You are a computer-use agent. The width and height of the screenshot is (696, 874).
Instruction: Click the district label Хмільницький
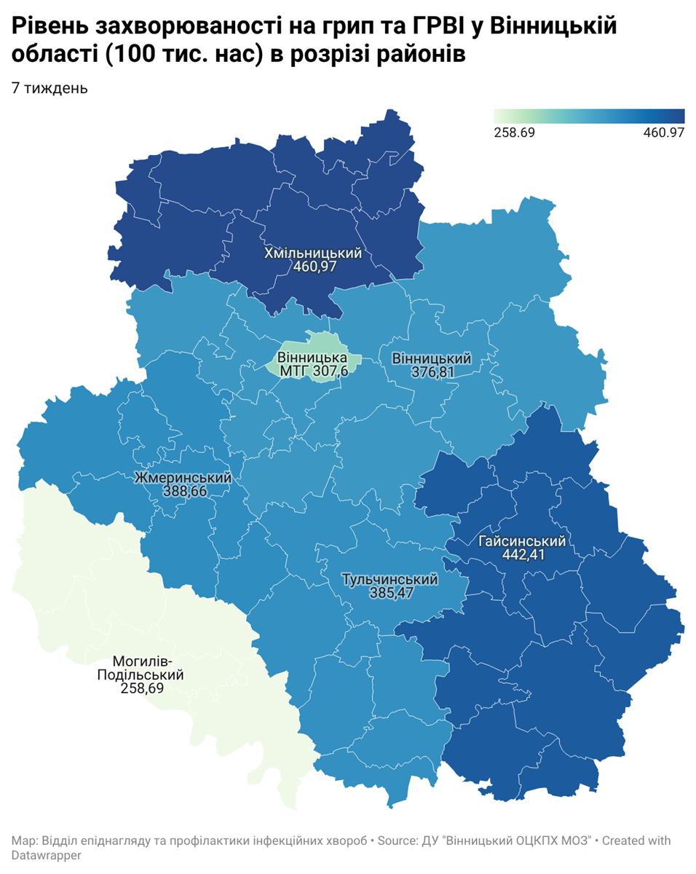pyautogui.click(x=313, y=253)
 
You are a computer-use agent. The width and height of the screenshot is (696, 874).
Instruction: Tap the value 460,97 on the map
pyautogui.click(x=313, y=267)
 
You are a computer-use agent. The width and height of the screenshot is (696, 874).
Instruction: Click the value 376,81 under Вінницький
pyautogui.click(x=432, y=372)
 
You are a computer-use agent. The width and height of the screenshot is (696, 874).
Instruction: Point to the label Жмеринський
pyautogui.click(x=183, y=478)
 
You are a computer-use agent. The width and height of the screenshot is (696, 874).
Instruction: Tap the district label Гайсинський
pyautogui.click(x=523, y=541)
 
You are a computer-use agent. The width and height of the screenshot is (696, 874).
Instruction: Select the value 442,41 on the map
pyautogui.click(x=523, y=555)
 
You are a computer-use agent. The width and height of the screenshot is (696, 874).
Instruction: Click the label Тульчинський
pyautogui.click(x=390, y=580)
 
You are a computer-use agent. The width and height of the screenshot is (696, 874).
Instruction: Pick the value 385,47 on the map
pyautogui.click(x=390, y=594)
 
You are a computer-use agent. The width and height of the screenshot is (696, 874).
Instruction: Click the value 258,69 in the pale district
pyautogui.click(x=141, y=688)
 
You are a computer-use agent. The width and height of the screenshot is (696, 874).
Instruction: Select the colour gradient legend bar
pyautogui.click(x=589, y=117)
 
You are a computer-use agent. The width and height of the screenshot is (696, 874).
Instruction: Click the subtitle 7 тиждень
pyautogui.click(x=50, y=88)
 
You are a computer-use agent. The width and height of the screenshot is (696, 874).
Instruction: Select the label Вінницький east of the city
pyautogui.click(x=432, y=359)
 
